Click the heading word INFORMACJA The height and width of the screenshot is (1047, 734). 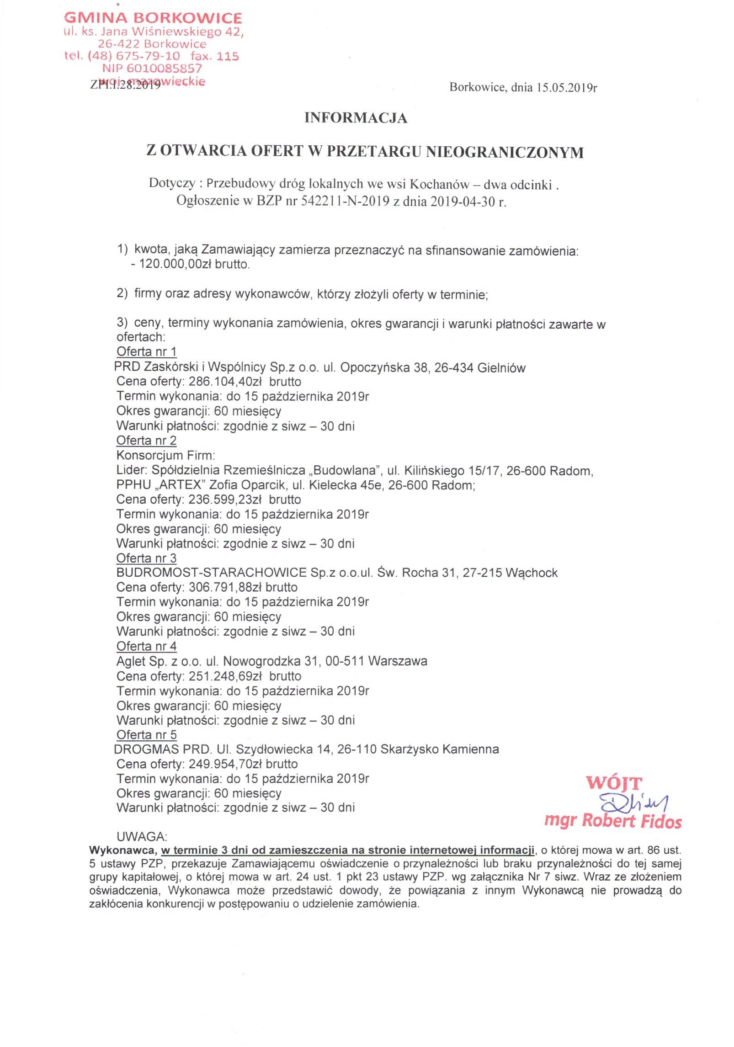click(x=356, y=118)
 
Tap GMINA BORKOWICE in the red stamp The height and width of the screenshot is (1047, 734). click(x=153, y=18)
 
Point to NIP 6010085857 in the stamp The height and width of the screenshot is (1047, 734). click(x=152, y=69)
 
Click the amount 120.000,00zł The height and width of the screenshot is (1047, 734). click(x=180, y=264)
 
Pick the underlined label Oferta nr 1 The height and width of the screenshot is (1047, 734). click(x=146, y=351)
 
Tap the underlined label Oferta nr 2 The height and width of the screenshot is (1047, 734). click(x=146, y=441)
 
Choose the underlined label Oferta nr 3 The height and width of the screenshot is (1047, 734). click(x=146, y=558)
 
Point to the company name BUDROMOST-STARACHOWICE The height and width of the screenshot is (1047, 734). click(x=211, y=573)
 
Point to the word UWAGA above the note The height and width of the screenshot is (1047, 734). click(x=142, y=836)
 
